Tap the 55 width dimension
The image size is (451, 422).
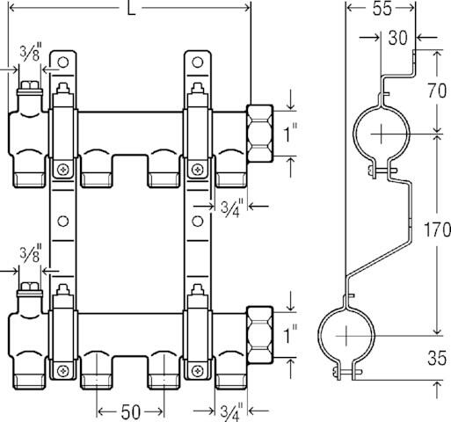[380, 11]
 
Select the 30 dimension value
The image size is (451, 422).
[397, 38]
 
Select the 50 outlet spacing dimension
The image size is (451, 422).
[131, 411]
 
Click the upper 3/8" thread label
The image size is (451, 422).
[31, 55]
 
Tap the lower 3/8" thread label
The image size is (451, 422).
[31, 258]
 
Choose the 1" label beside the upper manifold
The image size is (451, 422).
[290, 134]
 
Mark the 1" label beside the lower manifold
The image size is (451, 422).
[290, 334]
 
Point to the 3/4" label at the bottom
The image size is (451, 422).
[231, 410]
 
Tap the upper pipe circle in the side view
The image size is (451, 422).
[379, 134]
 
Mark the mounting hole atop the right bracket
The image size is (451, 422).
[200, 64]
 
